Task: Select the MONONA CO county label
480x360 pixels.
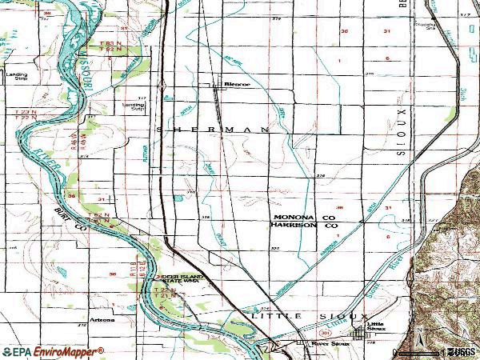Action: [x=304, y=218]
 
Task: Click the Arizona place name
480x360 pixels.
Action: [x=102, y=321]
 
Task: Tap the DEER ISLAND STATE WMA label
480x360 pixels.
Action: [x=179, y=279]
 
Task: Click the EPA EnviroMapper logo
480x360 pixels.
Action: [x=53, y=351]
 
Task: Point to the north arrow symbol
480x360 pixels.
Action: [x=418, y=342]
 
